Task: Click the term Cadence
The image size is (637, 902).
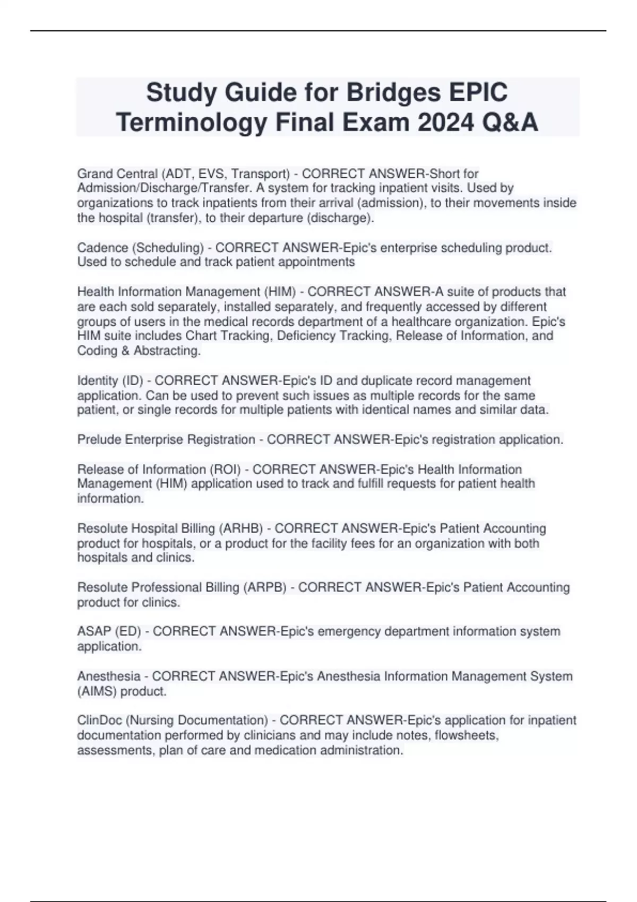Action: click(x=102, y=248)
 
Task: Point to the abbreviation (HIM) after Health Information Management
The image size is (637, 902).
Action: click(x=279, y=292)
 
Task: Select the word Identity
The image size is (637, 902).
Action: click(x=98, y=381)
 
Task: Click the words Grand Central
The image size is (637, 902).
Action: click(x=117, y=174)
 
